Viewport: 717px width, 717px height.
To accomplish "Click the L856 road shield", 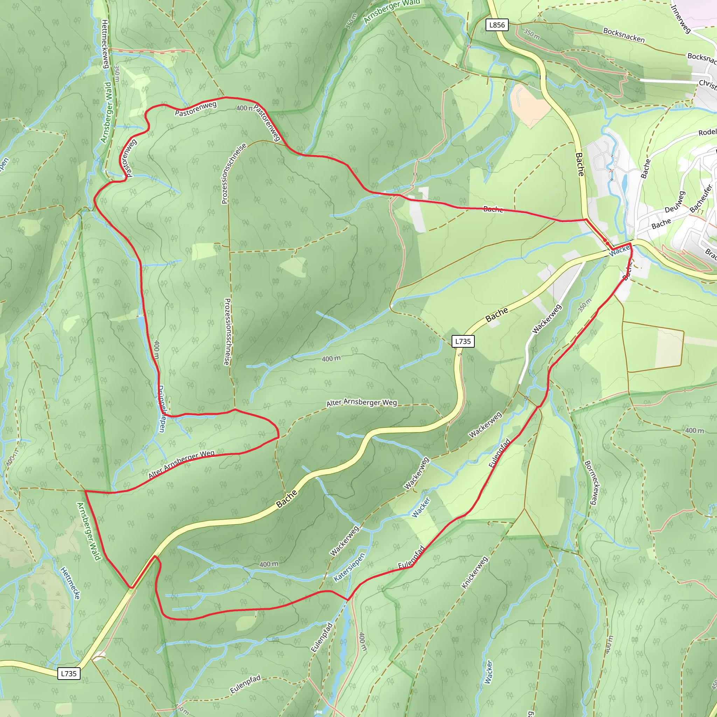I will tap(497, 25).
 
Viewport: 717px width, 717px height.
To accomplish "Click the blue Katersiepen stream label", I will tap(349, 567).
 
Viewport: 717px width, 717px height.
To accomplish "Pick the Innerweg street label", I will tap(681, 19).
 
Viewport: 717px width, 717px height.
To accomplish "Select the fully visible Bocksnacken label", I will tap(624, 35).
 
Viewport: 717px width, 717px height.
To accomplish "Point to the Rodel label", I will tap(707, 132).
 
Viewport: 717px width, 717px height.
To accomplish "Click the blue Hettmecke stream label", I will tap(70, 583).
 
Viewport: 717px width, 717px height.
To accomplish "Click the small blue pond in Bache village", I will tap(625, 183).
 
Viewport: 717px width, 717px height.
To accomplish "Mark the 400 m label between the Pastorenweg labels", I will tap(245, 108).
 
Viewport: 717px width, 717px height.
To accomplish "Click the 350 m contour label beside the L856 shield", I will tap(531, 34).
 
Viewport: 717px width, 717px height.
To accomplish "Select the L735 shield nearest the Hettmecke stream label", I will tap(69, 674).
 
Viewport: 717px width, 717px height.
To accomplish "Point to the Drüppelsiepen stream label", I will tap(161, 409).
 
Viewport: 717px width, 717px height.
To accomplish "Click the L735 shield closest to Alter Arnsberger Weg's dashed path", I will tap(463, 341).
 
